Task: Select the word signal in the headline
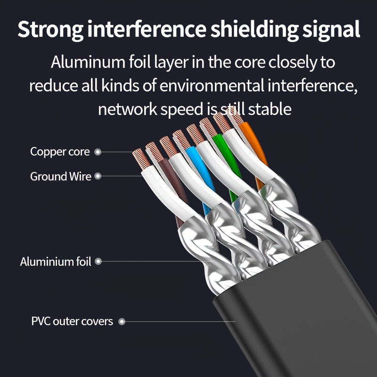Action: pyautogui.click(x=329, y=29)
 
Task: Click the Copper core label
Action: pyautogui.click(x=60, y=152)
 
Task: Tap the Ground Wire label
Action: pyautogui.click(x=61, y=177)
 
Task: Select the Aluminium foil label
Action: pyautogui.click(x=56, y=262)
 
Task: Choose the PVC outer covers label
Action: pyautogui.click(x=72, y=322)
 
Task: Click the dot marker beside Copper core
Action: pyautogui.click(x=98, y=152)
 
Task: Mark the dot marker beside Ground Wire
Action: pyautogui.click(x=98, y=177)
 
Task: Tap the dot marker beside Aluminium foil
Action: pyautogui.click(x=98, y=262)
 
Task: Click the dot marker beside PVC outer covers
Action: pyautogui.click(x=122, y=322)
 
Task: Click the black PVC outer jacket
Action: pyautogui.click(x=292, y=320)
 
